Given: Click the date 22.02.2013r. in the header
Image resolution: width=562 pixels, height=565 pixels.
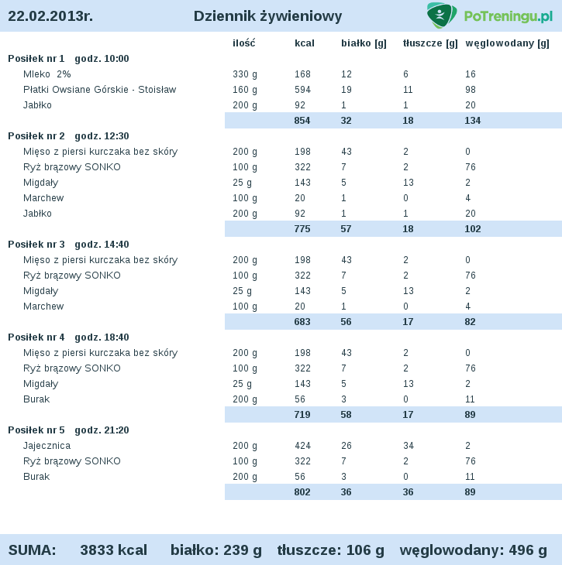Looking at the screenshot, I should coord(50,16).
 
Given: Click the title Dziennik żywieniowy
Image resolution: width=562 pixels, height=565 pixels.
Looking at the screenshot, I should coord(267,16).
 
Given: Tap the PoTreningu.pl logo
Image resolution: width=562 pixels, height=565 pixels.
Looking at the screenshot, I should coord(489,15).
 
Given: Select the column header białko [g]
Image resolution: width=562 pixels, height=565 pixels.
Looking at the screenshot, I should coord(364,43).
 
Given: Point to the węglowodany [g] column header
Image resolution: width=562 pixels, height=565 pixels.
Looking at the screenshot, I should coord(507,43).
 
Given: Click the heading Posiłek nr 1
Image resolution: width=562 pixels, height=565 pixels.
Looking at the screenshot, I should coord(36,59).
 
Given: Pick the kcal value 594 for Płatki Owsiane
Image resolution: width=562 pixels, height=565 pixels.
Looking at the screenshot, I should coord(302,90).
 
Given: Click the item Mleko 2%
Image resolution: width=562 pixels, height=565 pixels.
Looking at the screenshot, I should coord(47,74).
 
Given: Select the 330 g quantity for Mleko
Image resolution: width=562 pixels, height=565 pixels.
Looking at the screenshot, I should coord(245,74).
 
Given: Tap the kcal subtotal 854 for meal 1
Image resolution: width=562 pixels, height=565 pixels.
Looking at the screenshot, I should coord(302,121).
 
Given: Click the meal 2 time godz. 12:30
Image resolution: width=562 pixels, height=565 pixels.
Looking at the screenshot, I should coord(102,136).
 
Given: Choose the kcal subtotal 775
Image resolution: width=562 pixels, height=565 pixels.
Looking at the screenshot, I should coord(302,229).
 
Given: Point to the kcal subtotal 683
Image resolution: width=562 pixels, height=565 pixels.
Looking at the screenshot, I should coord(302,322).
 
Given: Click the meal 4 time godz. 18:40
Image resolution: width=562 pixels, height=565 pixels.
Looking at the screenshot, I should coord(102,337).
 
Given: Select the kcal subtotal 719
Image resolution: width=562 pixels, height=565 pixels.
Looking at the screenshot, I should coord(302,415).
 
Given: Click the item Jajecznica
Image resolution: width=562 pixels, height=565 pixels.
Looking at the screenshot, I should coord(47,446).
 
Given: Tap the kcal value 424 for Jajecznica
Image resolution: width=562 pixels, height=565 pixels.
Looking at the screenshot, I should coord(302,446).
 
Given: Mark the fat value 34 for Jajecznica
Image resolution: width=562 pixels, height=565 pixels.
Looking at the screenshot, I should coord(409,446).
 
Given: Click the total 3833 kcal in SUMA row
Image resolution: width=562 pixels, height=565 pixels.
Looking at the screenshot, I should coord(113,550).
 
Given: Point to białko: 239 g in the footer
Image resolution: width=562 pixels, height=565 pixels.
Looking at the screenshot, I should coord(216,550).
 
